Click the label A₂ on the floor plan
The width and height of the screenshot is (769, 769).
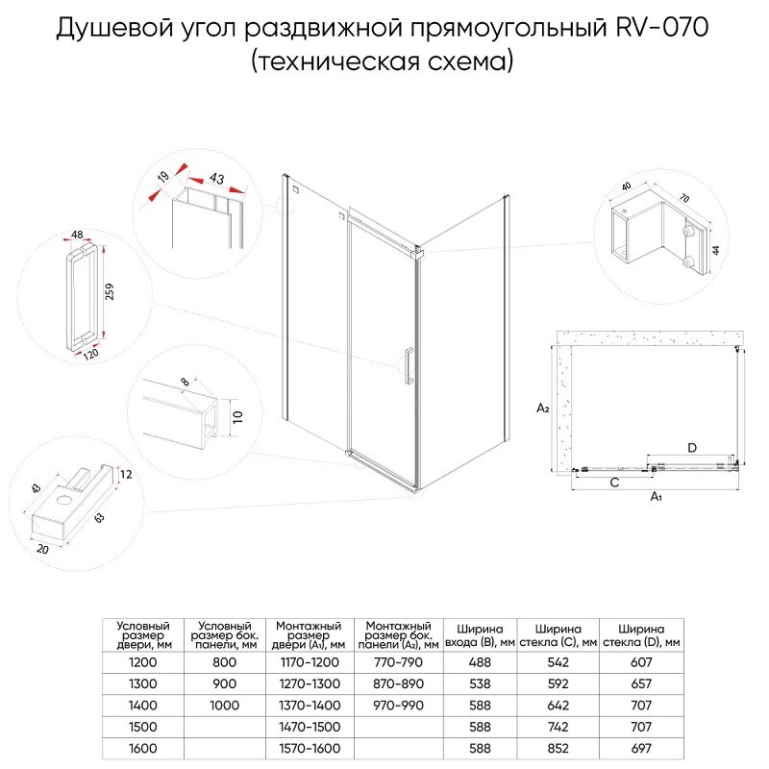click(x=542, y=408)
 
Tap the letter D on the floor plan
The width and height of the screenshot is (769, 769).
click(x=691, y=447)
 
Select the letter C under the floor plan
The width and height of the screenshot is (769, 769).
click(x=612, y=484)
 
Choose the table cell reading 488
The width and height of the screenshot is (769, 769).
click(x=480, y=662)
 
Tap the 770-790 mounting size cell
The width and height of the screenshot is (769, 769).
click(x=395, y=662)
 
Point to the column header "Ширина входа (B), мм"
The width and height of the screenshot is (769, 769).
click(x=480, y=635)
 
